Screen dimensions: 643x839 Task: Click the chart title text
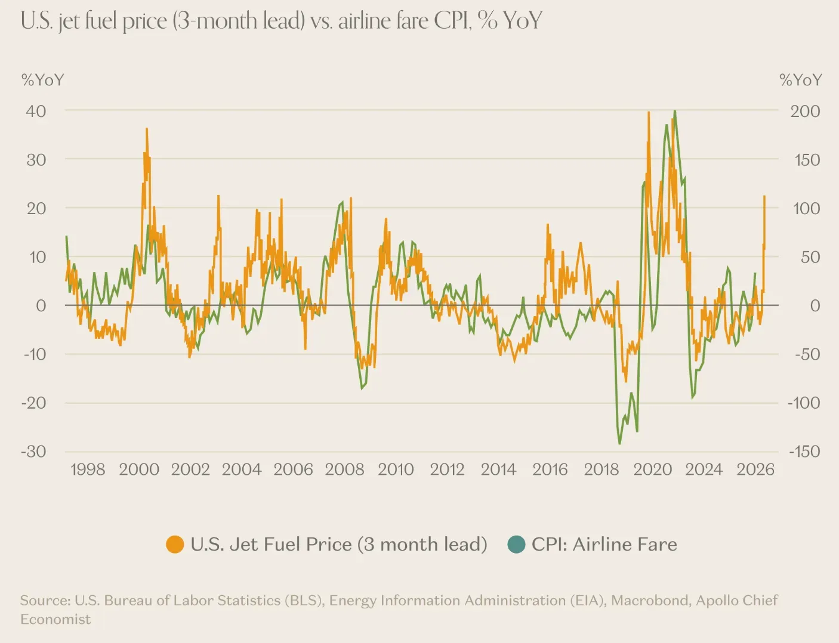281,21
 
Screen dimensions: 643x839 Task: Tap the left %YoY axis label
42,80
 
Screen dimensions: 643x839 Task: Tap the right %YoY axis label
800,80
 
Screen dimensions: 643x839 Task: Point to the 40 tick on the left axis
36,111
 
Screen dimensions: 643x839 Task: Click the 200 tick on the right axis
805,111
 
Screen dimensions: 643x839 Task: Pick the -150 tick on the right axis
804,451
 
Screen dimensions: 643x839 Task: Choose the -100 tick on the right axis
804,403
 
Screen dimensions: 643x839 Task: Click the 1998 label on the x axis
88,469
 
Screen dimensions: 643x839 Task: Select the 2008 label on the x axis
344,469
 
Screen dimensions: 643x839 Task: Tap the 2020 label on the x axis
652,469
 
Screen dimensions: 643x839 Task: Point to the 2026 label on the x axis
755,469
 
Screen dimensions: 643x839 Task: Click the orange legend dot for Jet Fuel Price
175,545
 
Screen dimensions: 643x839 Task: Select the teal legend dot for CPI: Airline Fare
516,545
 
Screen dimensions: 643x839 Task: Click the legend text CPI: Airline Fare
604,545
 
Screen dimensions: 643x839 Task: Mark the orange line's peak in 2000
147,129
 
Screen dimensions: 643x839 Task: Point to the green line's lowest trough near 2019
619,443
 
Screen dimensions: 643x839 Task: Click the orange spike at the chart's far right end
764,196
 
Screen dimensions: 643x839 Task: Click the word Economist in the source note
55,619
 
